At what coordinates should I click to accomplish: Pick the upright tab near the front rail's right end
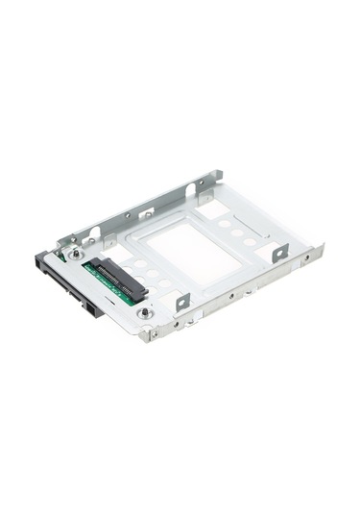tap(279, 253)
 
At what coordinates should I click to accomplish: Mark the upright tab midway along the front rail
tap(181, 300)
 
